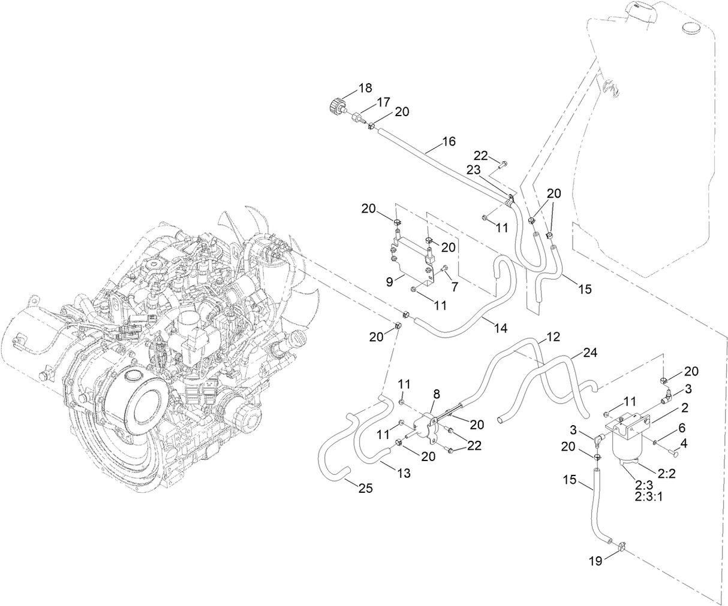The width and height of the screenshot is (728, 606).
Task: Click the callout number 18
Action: (x=365, y=88)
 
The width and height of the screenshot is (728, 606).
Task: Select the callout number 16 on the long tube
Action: (x=449, y=142)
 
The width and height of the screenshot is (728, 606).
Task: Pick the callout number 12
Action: (x=553, y=337)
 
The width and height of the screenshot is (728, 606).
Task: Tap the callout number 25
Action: (x=366, y=489)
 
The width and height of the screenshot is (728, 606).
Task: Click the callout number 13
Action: (x=404, y=473)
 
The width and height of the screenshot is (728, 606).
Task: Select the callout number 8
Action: (x=436, y=394)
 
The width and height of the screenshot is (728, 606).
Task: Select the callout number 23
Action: (x=474, y=169)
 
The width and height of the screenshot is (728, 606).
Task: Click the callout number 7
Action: (x=455, y=287)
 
